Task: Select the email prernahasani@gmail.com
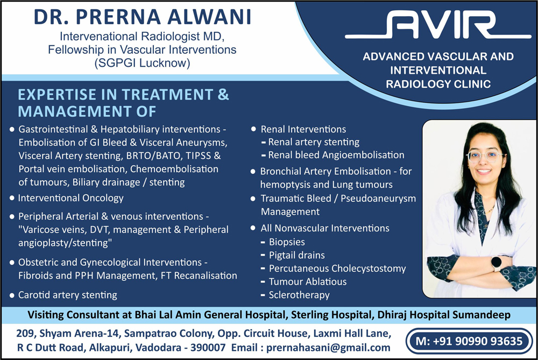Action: click(x=328, y=348)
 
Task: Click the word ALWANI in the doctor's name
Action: click(x=209, y=17)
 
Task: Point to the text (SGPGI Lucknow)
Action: click(x=142, y=63)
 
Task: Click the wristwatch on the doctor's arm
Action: click(x=496, y=263)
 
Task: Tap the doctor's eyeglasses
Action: click(x=484, y=157)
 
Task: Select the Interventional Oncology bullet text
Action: click(x=70, y=198)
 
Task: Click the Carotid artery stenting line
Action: click(x=68, y=295)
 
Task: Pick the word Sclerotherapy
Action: click(x=299, y=295)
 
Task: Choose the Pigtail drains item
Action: click(x=297, y=255)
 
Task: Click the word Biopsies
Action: click(x=287, y=242)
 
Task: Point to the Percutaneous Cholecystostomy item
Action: click(x=337, y=269)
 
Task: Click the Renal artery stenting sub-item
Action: click(x=314, y=142)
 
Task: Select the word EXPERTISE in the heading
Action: click(x=57, y=95)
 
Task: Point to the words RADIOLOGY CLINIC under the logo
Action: click(x=438, y=84)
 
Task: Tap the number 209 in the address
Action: click(x=25, y=333)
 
